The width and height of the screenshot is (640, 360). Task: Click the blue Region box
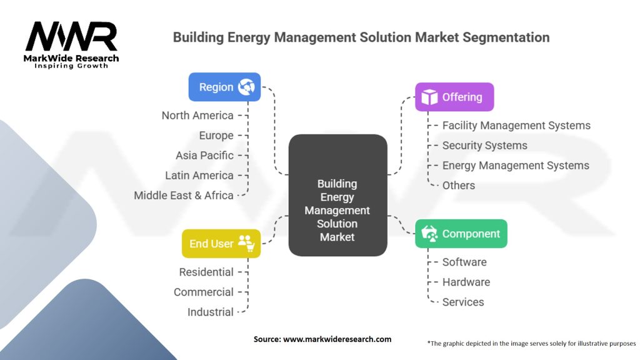pos(224,87)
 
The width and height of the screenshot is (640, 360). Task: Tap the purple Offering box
pos(454,97)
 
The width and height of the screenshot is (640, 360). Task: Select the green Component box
pos(461,234)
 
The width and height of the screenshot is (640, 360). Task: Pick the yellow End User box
pos(221,244)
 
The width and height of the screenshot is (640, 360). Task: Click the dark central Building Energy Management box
pos(338,195)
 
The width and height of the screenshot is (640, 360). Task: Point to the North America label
pos(197,116)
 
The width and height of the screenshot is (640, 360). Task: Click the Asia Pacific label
pos(204,156)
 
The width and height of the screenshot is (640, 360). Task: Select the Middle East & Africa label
pos(184,196)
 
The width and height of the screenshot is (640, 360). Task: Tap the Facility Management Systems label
pos(516,125)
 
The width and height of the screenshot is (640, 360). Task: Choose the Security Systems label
pos(485,145)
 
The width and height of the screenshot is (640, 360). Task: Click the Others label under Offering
pos(459,185)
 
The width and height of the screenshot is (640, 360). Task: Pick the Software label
pos(464,262)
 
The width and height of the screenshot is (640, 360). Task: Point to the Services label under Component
pos(463,302)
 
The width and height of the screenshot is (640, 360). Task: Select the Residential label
pos(206,272)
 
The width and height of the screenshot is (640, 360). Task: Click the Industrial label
pos(211,312)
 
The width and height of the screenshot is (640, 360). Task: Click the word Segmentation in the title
pos(506,37)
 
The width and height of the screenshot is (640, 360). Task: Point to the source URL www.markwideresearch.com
pos(337,339)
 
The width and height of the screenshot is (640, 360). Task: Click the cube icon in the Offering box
pos(429,97)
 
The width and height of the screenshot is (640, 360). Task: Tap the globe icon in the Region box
pos(246,87)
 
